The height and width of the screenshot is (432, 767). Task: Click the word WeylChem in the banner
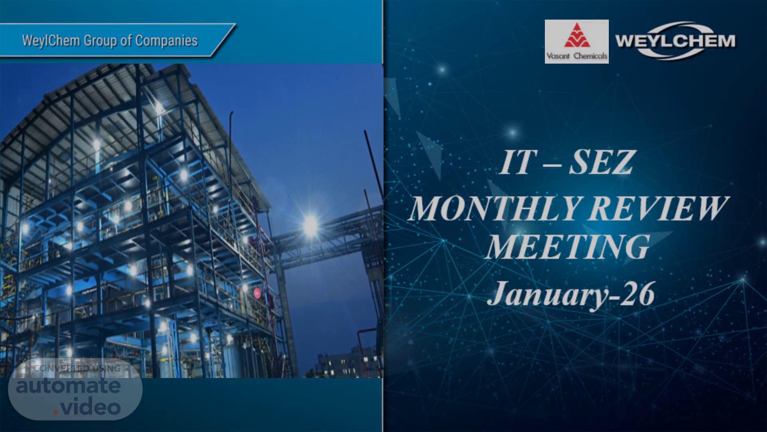[51, 41]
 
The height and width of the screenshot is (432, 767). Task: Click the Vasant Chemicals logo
[576, 42]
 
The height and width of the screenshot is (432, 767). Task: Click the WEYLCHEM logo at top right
[675, 41]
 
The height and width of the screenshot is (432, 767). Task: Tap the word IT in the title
[516, 162]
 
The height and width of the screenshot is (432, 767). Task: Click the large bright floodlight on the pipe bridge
[311, 225]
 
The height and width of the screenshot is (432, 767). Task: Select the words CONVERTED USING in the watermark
[77, 368]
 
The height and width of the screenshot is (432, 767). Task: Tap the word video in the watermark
[90, 407]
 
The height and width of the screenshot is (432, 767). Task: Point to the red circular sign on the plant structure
[257, 292]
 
